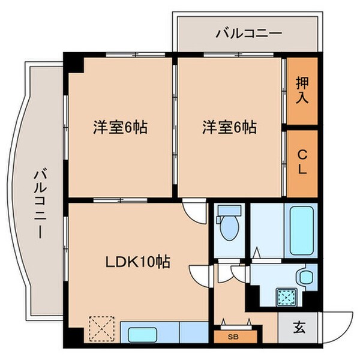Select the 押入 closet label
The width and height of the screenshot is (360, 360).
[x=302, y=90]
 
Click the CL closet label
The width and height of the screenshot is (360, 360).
[x=302, y=163]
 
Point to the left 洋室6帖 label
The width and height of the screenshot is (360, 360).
[x=120, y=128]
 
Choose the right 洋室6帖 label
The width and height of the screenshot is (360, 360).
[x=229, y=128]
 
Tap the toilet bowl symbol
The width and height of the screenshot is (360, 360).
[x=229, y=229]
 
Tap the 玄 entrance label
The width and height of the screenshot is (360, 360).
[x=298, y=328]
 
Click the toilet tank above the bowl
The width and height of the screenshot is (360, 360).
[x=229, y=211]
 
